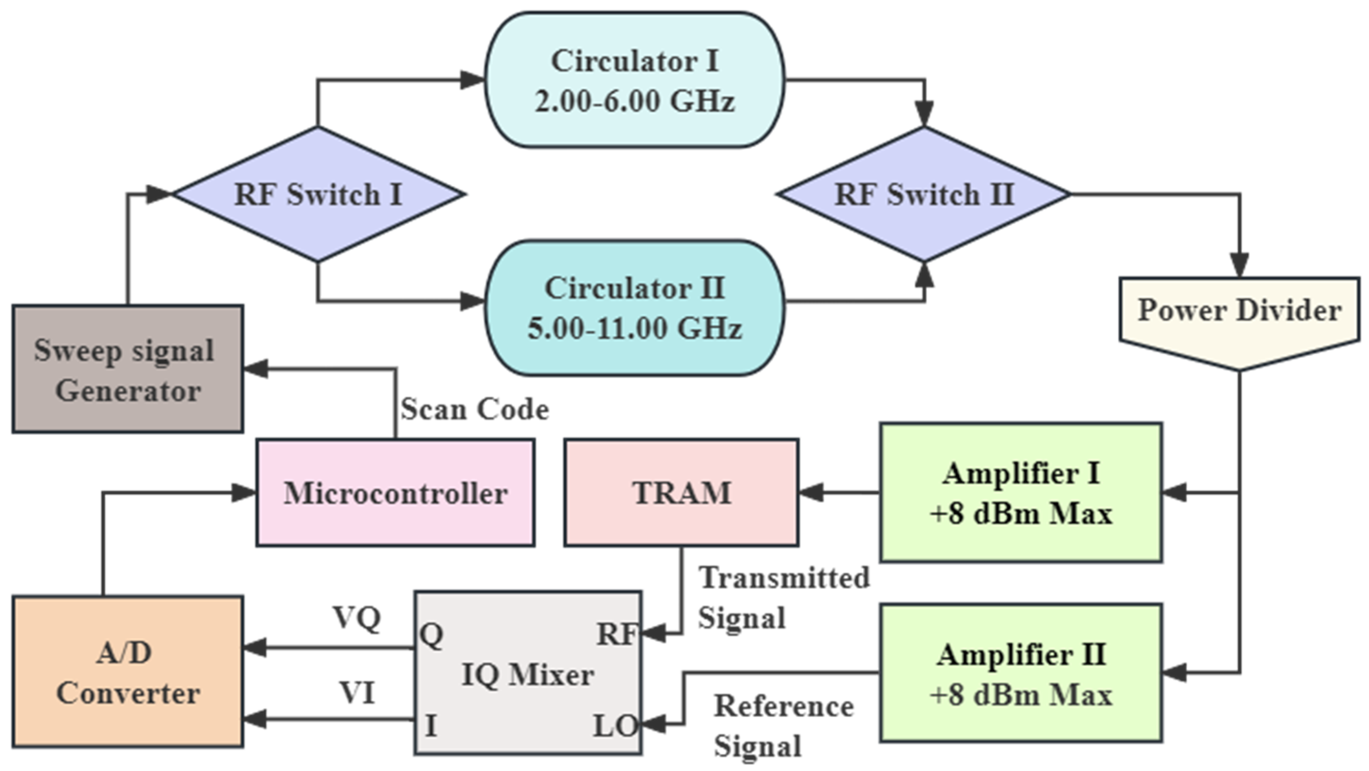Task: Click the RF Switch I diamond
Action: coord(318,195)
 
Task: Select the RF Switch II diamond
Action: coord(923,195)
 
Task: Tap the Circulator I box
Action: coord(635,80)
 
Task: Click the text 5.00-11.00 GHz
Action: coord(635,328)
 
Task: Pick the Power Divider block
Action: coord(1239,314)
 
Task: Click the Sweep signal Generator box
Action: coord(127,369)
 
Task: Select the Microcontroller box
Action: coord(396,493)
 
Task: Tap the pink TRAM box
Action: coord(681,493)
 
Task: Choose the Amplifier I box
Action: coord(1021,493)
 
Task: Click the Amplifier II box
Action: coord(1021,673)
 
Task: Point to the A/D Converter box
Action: coord(127,672)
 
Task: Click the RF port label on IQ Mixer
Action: coord(616,634)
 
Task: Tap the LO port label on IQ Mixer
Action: coord(614,726)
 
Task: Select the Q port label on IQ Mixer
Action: coord(431,634)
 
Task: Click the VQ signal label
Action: coord(357,618)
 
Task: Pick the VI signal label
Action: coord(357,693)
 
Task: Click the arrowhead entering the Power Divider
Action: coord(1239,266)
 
